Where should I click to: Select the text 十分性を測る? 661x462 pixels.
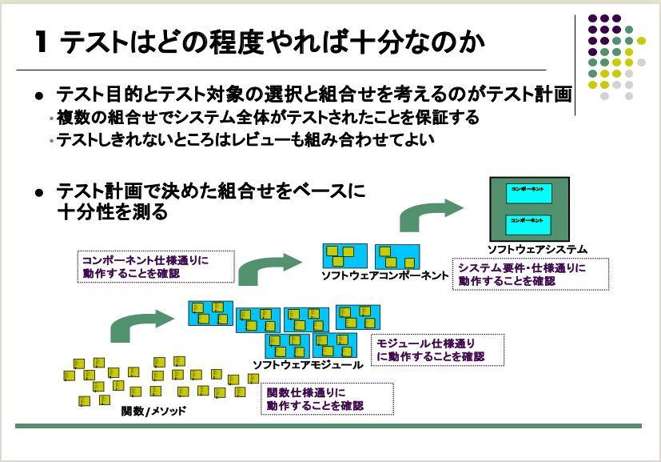(x=112, y=212)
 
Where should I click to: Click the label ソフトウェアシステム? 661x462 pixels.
(x=537, y=248)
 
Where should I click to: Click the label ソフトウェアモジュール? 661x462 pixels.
(x=307, y=364)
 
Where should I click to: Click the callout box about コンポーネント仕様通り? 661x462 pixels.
(x=157, y=267)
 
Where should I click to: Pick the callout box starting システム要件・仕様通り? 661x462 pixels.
(x=530, y=275)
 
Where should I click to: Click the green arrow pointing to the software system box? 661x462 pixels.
(x=428, y=216)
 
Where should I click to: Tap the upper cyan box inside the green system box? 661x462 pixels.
(x=528, y=192)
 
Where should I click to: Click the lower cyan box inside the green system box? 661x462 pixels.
(x=528, y=222)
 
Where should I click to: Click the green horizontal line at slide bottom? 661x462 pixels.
(x=329, y=426)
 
